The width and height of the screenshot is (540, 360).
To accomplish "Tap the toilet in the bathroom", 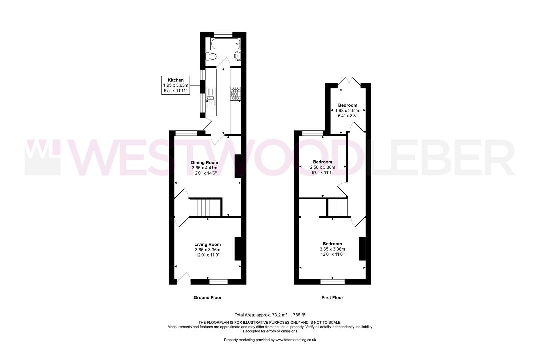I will coord(211,56).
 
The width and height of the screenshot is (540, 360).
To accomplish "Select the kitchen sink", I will coord(211,97).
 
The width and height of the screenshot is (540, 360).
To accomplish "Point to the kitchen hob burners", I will coord(235,93).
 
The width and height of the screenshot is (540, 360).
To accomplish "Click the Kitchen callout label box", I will coord(176,85).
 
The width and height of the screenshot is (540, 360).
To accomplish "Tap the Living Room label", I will coord(208,250).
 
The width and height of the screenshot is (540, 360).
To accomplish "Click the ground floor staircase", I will coord(205,208).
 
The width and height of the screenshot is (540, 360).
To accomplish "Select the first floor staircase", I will coord(337,207).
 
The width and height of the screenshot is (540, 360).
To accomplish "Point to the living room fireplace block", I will coord(238,248).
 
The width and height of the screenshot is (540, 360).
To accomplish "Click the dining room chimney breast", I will coord(238,167).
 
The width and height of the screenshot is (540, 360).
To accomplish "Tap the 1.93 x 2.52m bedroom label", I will coord(348,110).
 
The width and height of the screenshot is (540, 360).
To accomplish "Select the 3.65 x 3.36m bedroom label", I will coord(332,249).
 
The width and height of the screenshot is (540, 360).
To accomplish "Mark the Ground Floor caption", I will coord(208,298).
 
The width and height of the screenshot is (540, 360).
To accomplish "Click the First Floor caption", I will coord(332,298).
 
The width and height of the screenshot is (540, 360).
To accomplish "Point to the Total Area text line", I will coord(270,315).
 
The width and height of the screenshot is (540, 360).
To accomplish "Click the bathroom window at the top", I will coord(223,34).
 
